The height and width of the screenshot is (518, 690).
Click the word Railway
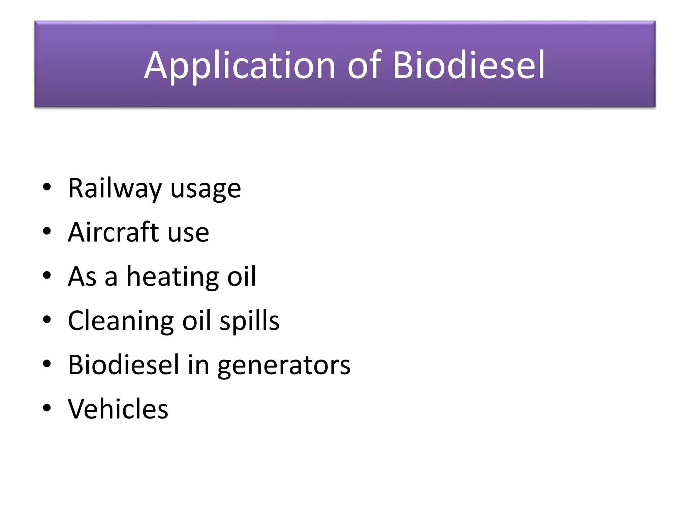coord(115,189)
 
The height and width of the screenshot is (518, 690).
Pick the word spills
coord(249,321)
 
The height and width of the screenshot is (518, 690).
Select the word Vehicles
coord(118,409)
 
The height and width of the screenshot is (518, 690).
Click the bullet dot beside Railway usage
coord(47,188)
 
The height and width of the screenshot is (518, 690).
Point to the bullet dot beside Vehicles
coord(47,408)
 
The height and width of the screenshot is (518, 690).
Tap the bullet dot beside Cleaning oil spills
coord(47,320)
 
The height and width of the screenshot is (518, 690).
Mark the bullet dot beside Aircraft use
coord(47,232)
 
